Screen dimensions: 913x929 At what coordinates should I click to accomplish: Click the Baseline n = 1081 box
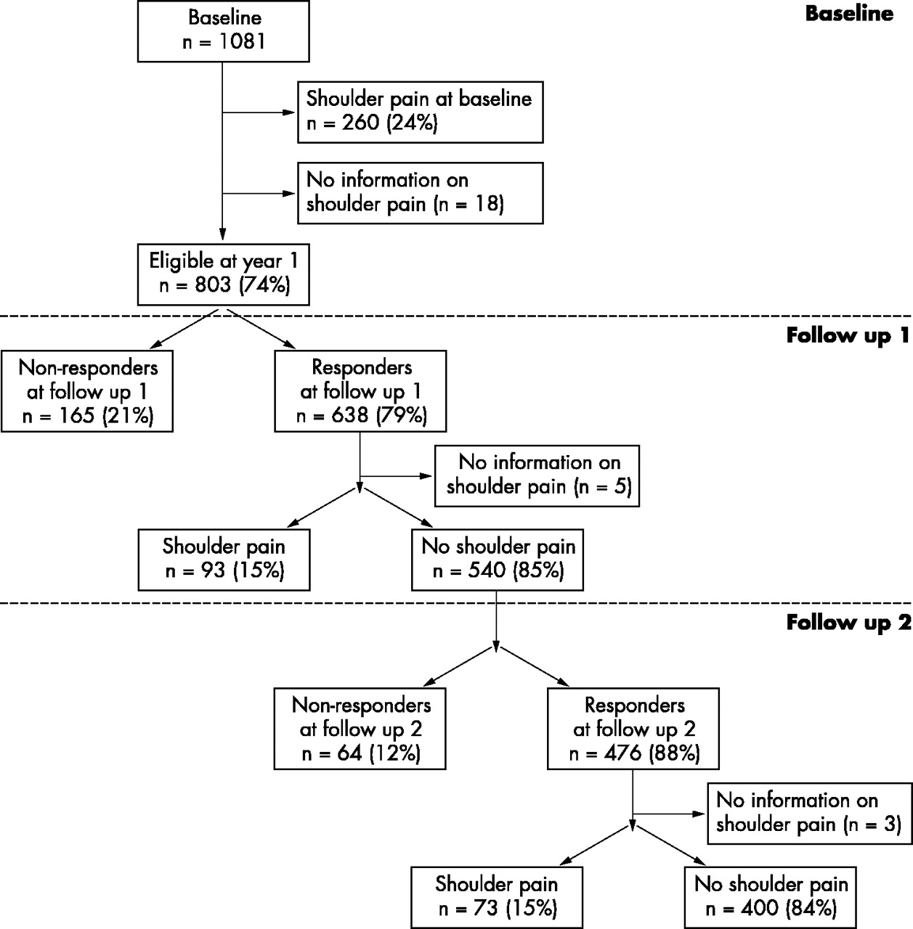(x=224, y=31)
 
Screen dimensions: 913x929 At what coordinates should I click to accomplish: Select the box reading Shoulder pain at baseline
(x=421, y=112)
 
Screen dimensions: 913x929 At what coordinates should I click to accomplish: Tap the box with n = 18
(x=421, y=193)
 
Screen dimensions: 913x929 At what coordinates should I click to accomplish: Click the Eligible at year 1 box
(x=224, y=274)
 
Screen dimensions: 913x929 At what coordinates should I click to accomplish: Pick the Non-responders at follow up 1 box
(x=87, y=391)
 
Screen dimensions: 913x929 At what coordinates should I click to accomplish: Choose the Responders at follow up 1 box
(x=360, y=391)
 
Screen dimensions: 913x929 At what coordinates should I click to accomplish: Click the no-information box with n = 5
(x=537, y=476)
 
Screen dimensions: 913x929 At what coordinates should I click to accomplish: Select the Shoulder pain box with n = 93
(x=224, y=560)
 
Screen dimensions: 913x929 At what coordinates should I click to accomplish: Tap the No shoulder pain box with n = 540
(x=498, y=560)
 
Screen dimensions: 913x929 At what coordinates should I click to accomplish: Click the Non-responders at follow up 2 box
(x=360, y=729)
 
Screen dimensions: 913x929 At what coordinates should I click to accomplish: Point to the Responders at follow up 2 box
(x=633, y=729)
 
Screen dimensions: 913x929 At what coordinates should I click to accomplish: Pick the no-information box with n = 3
(x=810, y=814)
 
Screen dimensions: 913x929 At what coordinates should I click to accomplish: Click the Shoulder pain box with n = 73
(x=497, y=898)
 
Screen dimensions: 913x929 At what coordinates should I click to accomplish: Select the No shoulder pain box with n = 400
(x=770, y=898)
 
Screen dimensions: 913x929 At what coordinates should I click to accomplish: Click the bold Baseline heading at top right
(x=849, y=14)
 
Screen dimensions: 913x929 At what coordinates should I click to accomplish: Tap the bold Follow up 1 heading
(x=848, y=335)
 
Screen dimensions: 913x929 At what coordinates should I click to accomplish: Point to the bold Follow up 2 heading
(x=849, y=623)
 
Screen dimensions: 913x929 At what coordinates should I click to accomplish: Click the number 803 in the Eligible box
(x=213, y=285)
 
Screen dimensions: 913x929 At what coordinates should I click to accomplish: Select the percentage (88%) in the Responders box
(x=675, y=753)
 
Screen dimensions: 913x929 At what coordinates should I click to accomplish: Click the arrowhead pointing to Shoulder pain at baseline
(x=288, y=112)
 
